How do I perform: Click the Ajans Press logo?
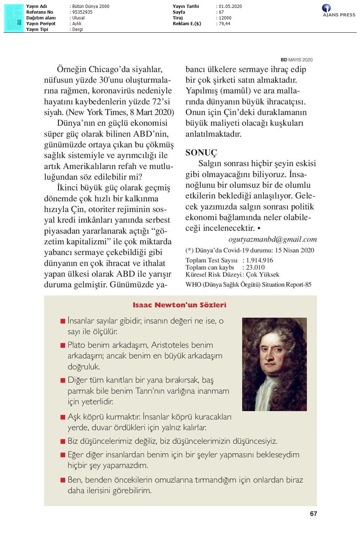[338, 10]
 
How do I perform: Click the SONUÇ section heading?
[201, 153]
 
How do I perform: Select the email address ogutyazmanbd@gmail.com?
[273, 239]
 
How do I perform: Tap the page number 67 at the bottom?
[313, 514]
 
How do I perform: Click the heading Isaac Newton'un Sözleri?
[179, 305]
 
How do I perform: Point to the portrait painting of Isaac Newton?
[274, 364]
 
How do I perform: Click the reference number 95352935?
[82, 12]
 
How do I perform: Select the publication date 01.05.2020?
[230, 6]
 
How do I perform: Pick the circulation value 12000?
[225, 18]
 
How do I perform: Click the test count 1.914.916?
[260, 260]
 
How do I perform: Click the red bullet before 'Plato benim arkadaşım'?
[63, 345]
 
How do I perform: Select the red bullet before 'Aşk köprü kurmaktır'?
[63, 417]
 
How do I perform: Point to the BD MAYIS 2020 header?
[296, 60]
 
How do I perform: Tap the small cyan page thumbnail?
[14, 18]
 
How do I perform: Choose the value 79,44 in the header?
[224, 24]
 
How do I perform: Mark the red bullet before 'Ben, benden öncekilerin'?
[63, 480]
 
